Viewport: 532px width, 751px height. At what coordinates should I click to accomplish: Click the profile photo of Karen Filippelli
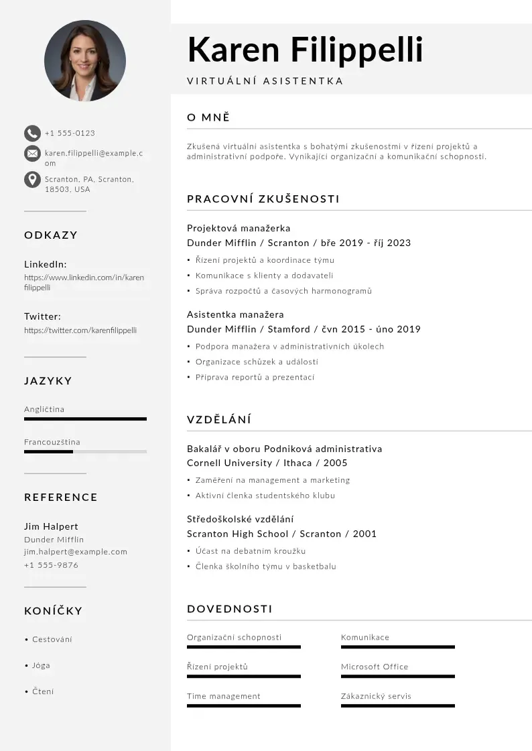click(x=85, y=61)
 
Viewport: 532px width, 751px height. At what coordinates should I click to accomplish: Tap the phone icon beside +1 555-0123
click(x=32, y=133)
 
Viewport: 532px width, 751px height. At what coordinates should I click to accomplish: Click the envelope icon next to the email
click(x=32, y=154)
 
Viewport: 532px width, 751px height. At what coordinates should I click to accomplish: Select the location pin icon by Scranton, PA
click(x=32, y=180)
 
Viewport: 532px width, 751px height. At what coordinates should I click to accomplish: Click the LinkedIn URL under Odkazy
click(x=84, y=282)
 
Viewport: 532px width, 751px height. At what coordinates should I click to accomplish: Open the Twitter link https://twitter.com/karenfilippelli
click(x=80, y=330)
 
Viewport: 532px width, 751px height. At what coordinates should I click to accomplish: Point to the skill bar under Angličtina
click(x=85, y=419)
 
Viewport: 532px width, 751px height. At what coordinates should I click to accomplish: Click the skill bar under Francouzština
click(x=85, y=452)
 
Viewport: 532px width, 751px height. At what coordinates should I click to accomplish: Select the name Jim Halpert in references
click(x=51, y=526)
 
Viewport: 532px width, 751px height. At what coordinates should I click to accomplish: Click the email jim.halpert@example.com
click(x=76, y=552)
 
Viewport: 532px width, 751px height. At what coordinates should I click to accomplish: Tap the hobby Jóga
click(x=41, y=666)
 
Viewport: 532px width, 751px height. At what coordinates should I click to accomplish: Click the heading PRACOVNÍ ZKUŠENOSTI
click(x=263, y=199)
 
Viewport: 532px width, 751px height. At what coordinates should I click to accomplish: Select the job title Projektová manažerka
click(x=239, y=228)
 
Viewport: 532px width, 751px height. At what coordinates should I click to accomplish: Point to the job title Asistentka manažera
click(x=235, y=314)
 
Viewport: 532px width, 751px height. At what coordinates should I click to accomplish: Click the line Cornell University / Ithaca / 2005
click(x=267, y=463)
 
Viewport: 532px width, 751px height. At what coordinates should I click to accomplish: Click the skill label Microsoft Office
click(x=375, y=667)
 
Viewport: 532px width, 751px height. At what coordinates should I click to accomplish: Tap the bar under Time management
click(x=244, y=706)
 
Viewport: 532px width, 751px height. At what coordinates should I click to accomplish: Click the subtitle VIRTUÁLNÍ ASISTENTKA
click(x=265, y=81)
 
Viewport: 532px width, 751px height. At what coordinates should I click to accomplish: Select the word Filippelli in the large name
click(x=356, y=50)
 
